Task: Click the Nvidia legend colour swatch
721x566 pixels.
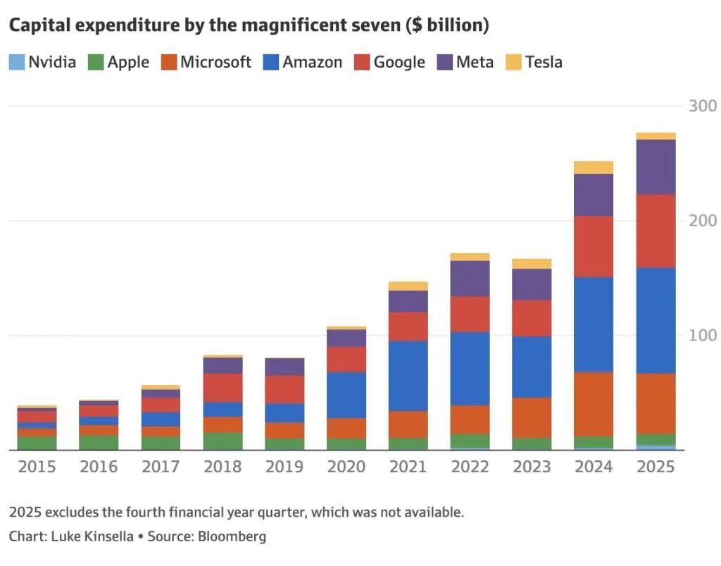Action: coord(16,62)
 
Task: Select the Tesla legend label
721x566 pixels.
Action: coord(544,62)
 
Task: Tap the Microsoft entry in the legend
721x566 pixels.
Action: coord(215,62)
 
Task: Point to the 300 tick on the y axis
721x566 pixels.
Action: coord(702,106)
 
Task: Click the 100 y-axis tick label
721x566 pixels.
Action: coord(702,336)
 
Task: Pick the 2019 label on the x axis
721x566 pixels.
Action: coord(284,467)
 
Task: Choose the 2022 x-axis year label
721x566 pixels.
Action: coord(470,467)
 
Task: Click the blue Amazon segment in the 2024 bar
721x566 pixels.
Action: coord(594,324)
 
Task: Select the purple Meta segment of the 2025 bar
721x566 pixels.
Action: coord(656,167)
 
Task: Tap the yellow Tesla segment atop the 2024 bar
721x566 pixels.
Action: coord(594,168)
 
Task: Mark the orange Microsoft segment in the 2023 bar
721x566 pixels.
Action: coord(532,418)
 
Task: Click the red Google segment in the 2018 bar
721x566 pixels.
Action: coord(222,388)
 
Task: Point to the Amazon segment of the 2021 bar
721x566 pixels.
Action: coord(408,376)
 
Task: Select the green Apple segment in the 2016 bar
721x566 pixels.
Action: coord(99,442)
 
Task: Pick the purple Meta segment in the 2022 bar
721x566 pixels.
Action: coord(470,278)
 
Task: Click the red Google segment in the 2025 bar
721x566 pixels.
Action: coord(656,231)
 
